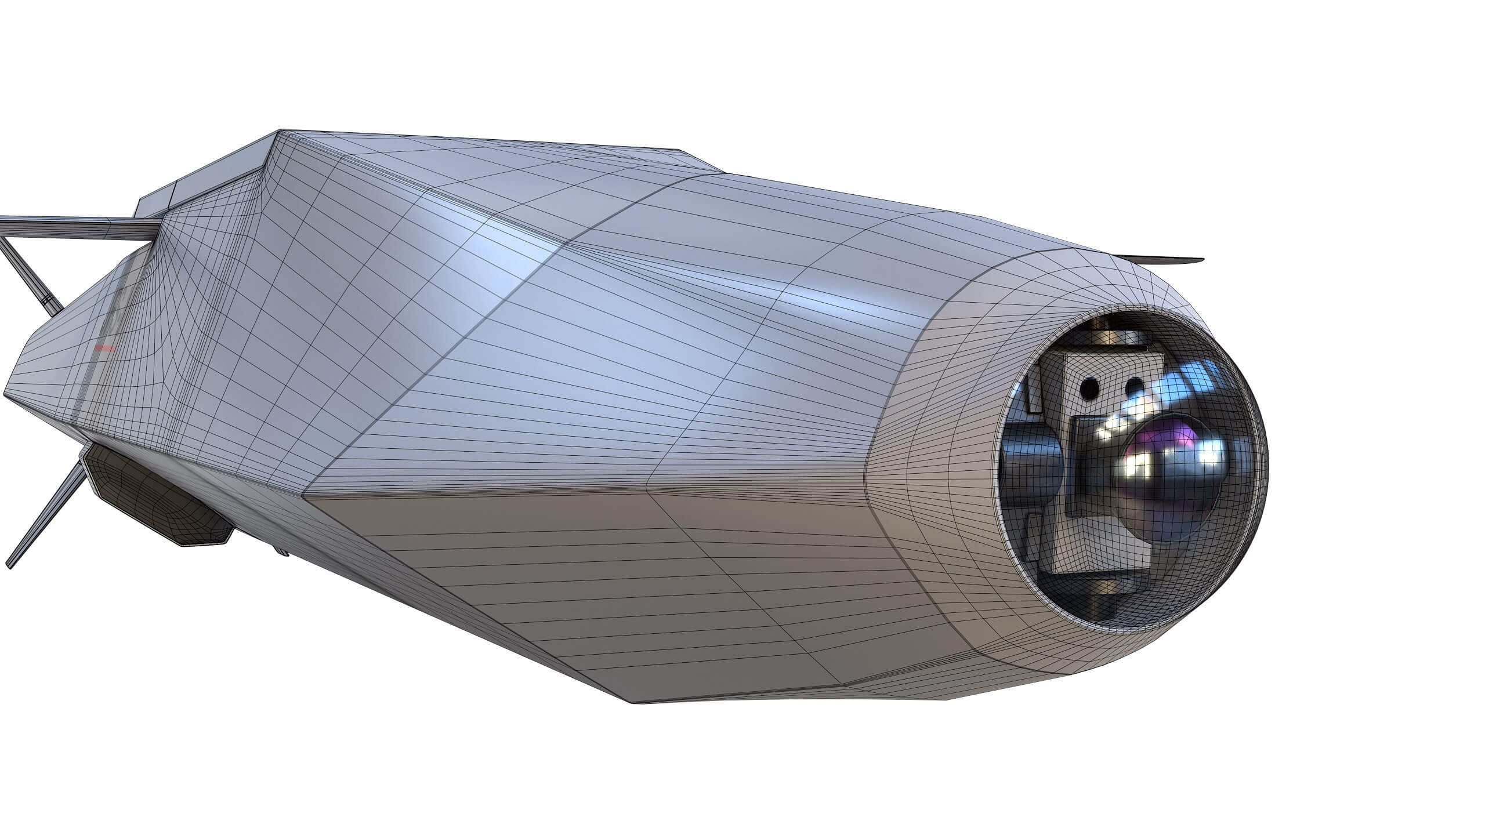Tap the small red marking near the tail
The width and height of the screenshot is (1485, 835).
click(105, 348)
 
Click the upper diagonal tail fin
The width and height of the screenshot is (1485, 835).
click(29, 273)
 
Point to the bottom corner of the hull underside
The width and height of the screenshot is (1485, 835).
click(635, 702)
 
